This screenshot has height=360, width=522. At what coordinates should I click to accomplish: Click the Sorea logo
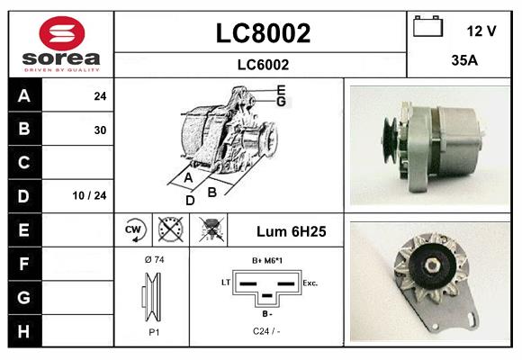point(60,45)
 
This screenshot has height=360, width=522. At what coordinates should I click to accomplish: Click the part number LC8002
point(262,33)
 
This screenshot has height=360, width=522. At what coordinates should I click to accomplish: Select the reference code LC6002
point(262,64)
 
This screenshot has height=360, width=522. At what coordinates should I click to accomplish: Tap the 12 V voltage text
point(481,31)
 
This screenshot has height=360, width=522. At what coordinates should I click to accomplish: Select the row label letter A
point(23,95)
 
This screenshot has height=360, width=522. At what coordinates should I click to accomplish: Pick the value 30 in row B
point(100,130)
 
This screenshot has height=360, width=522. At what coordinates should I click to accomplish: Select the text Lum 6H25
point(292,230)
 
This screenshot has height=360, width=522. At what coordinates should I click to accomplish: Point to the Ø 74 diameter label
point(153,259)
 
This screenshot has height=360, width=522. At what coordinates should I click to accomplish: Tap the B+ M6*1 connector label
point(268,260)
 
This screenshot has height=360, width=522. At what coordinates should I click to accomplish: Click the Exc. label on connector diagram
point(310,283)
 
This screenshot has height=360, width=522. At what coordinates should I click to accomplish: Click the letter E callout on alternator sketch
point(281,89)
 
